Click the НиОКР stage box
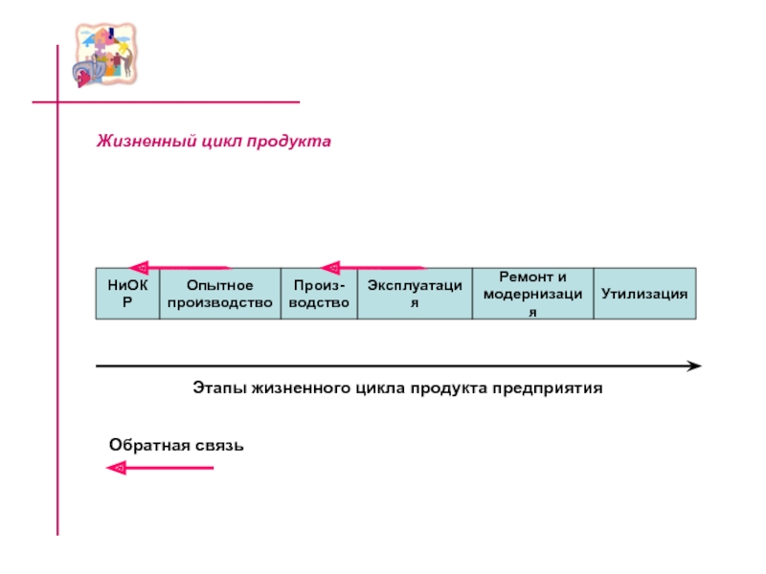(125, 293)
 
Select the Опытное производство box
(219, 293)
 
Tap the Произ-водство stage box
(319, 293)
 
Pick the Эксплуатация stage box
(415, 293)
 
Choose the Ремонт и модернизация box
(533, 293)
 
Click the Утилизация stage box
(644, 293)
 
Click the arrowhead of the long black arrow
(695, 365)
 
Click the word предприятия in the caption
(554, 389)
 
